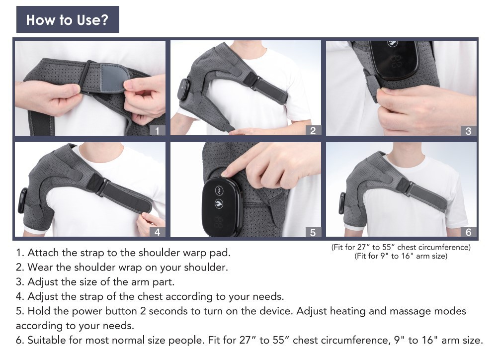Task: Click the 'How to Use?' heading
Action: coord(67,20)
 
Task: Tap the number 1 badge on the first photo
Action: coord(157,130)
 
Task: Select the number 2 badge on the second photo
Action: coord(313,130)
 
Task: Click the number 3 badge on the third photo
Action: coord(469,130)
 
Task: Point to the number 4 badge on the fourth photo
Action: coord(157,232)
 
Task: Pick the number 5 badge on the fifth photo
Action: coord(313,232)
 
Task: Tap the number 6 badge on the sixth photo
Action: coord(469,232)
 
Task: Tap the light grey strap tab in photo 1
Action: coord(113,78)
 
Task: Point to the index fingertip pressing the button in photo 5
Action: coord(225,174)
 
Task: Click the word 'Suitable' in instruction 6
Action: coord(47,340)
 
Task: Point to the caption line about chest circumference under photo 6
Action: coord(401,247)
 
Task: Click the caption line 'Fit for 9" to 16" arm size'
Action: coord(401,256)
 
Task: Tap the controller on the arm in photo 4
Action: coord(23,200)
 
